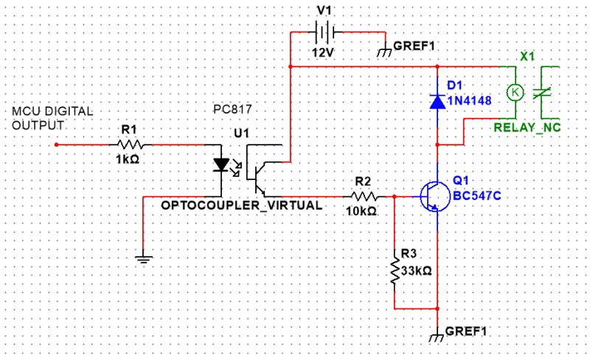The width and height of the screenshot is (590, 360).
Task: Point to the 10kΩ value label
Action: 361,210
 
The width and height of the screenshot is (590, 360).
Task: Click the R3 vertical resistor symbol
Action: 395,271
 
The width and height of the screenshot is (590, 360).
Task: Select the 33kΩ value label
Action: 417,271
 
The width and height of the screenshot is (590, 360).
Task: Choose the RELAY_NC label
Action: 527,128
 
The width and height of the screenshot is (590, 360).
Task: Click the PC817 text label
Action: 232,109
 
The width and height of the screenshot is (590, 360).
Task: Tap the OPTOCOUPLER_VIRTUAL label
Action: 242,204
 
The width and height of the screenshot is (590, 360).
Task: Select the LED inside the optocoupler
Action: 221,164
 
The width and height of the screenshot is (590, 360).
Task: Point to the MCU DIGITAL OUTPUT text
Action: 52,118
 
